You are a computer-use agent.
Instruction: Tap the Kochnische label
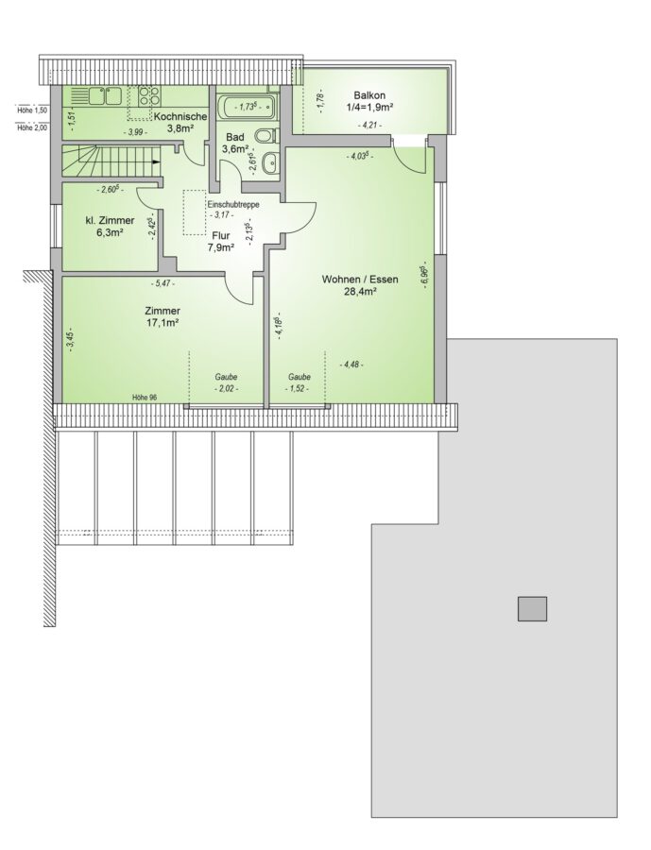180,116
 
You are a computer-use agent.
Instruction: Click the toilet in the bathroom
266,135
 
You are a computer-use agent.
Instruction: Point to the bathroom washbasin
269,161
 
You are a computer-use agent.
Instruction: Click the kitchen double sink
106,96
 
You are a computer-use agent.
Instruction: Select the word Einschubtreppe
233,205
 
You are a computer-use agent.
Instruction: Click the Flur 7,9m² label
220,242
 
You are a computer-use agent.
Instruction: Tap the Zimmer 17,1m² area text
163,317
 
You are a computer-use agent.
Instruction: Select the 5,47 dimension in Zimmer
163,283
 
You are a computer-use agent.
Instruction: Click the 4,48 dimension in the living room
351,365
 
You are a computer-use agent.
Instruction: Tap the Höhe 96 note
145,398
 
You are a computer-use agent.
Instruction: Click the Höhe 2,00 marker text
32,128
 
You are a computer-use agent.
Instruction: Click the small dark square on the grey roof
532,609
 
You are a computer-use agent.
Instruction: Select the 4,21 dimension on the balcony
370,126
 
